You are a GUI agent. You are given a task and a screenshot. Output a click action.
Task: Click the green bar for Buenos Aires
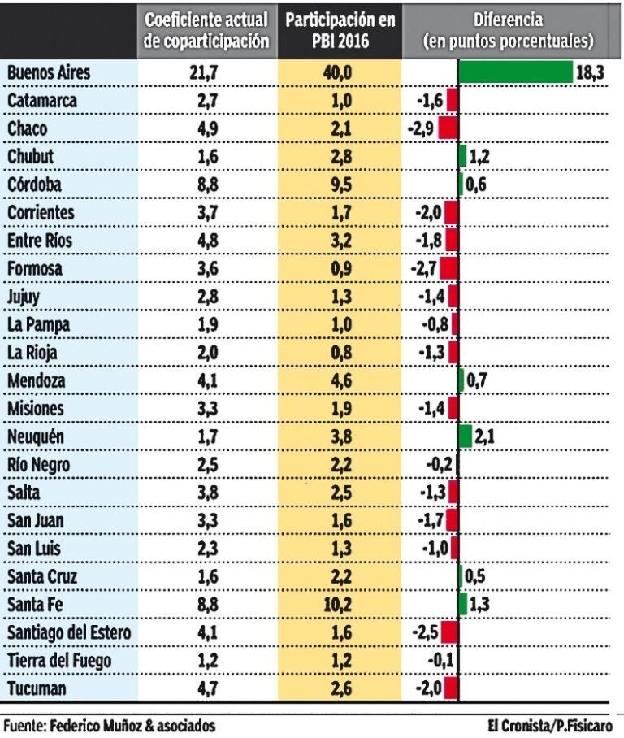point(516,72)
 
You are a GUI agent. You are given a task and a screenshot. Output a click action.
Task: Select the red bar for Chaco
point(448,128)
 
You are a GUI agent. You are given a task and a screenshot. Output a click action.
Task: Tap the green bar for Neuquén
point(465,436)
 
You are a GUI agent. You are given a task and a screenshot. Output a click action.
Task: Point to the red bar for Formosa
point(448,268)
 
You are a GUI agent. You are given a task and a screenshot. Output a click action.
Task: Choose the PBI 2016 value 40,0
point(340,72)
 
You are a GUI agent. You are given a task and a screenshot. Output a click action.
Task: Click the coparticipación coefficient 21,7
point(207,72)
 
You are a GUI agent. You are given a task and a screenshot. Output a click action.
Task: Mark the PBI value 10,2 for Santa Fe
point(340,605)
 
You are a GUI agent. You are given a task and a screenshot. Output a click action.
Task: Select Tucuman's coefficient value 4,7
point(207,689)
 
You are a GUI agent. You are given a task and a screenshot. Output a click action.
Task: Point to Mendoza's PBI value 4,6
point(340,380)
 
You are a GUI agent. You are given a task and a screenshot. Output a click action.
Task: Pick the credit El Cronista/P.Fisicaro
point(551,724)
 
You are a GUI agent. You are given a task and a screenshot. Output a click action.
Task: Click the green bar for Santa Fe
point(462,605)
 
